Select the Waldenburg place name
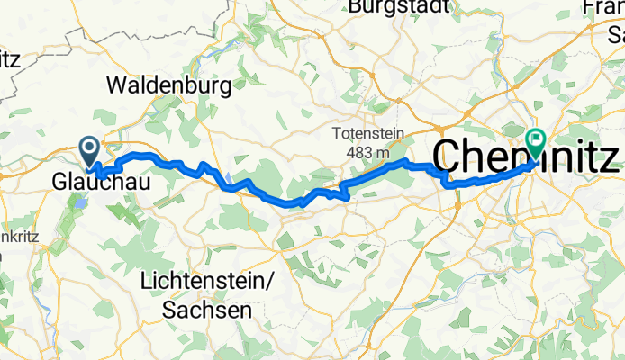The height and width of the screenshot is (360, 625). click(168, 86)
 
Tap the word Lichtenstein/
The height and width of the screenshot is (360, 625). click(207, 282)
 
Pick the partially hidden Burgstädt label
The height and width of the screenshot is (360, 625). click(399, 7)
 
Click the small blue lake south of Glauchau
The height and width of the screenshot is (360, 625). click(80, 203)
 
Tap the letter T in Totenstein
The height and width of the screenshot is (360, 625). click(336, 133)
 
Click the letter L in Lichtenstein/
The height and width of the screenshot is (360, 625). click(147, 282)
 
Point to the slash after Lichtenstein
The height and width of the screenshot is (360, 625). click(269, 282)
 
